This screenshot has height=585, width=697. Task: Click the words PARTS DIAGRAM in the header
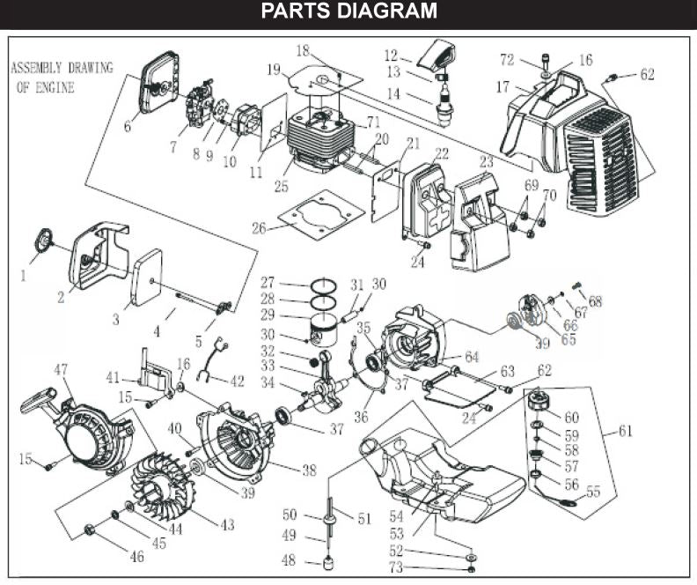coord(348,11)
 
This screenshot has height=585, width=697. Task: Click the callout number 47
coord(61,369)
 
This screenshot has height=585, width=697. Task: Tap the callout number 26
coord(259,228)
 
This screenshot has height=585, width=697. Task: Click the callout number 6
coord(128,127)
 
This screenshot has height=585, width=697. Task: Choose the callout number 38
coord(307,470)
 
